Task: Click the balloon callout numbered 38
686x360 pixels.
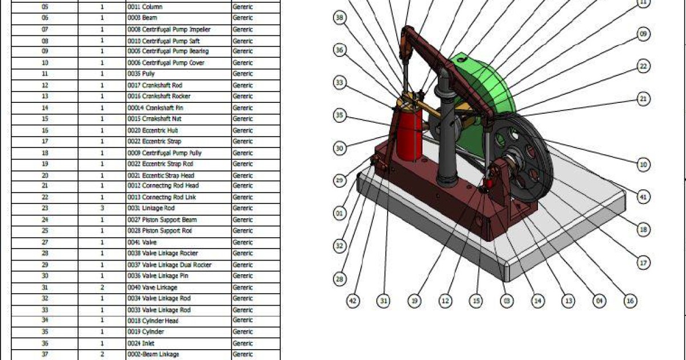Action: (340, 18)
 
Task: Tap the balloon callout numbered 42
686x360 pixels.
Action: (354, 301)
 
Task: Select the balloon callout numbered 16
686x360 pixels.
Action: (630, 301)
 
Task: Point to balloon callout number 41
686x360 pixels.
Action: (644, 197)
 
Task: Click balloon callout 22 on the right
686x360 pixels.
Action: (644, 67)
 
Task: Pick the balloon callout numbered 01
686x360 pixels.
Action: (340, 214)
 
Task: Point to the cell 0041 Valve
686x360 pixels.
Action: (140, 242)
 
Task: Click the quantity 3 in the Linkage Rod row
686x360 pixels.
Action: (102, 209)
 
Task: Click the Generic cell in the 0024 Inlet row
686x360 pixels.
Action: (243, 343)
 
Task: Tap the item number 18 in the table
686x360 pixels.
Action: (45, 153)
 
